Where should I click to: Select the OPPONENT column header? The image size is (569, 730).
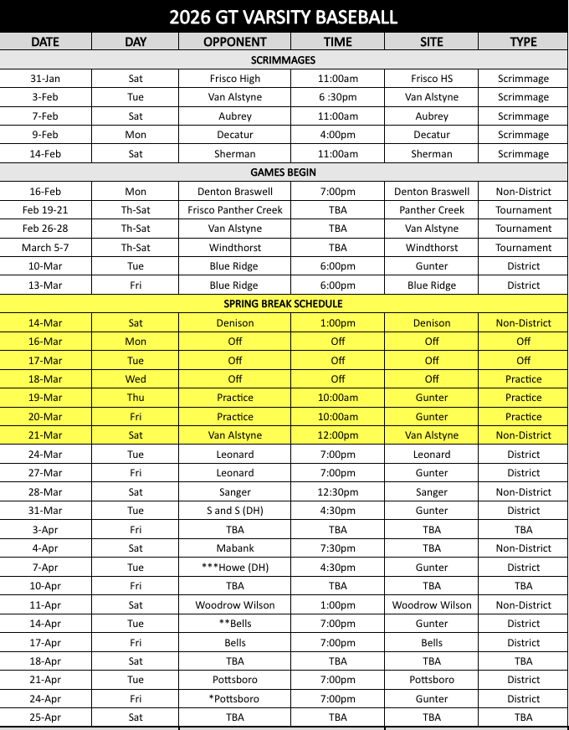[234, 42]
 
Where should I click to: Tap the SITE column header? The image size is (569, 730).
[431, 42]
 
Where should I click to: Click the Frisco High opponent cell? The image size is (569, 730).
[234, 79]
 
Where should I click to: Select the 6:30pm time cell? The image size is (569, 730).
[337, 97]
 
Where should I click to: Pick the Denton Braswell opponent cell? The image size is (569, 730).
[234, 191]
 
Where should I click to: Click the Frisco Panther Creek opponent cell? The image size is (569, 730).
[234, 210]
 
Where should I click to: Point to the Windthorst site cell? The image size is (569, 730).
[431, 248]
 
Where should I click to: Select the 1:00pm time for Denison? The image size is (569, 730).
[337, 323]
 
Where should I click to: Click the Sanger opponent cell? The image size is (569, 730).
[234, 492]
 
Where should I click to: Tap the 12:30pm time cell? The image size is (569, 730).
[337, 492]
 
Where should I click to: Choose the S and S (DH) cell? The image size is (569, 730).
[234, 511]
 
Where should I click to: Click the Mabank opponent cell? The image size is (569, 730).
[234, 548]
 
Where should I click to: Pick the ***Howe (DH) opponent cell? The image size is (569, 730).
[234, 568]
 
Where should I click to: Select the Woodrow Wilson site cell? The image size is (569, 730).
[431, 605]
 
